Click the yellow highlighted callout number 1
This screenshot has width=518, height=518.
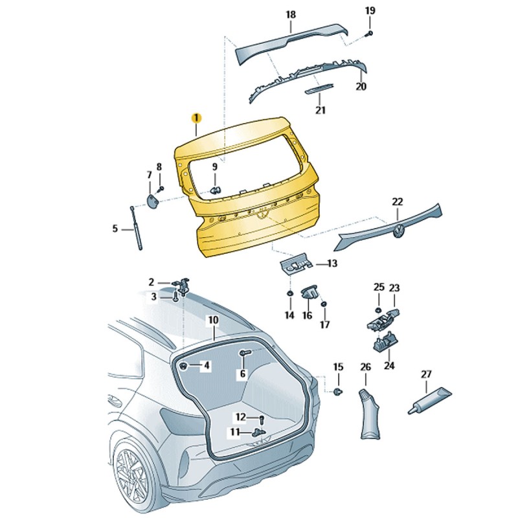[196, 118]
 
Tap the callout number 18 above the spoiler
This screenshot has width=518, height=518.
[291, 14]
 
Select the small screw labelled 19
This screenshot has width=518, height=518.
[368, 32]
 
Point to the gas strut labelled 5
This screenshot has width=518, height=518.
[136, 227]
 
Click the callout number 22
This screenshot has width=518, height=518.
[397, 201]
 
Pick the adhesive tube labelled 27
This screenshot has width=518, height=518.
[430, 400]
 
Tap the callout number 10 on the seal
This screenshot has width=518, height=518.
[213, 320]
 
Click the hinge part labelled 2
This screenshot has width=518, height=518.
[183, 286]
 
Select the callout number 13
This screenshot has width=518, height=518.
[332, 264]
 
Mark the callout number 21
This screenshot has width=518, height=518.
[320, 110]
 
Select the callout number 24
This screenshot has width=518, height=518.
[389, 365]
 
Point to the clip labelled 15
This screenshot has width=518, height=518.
[338, 392]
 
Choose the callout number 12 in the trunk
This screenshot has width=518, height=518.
[241, 416]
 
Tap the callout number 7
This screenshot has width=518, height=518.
[149, 175]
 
